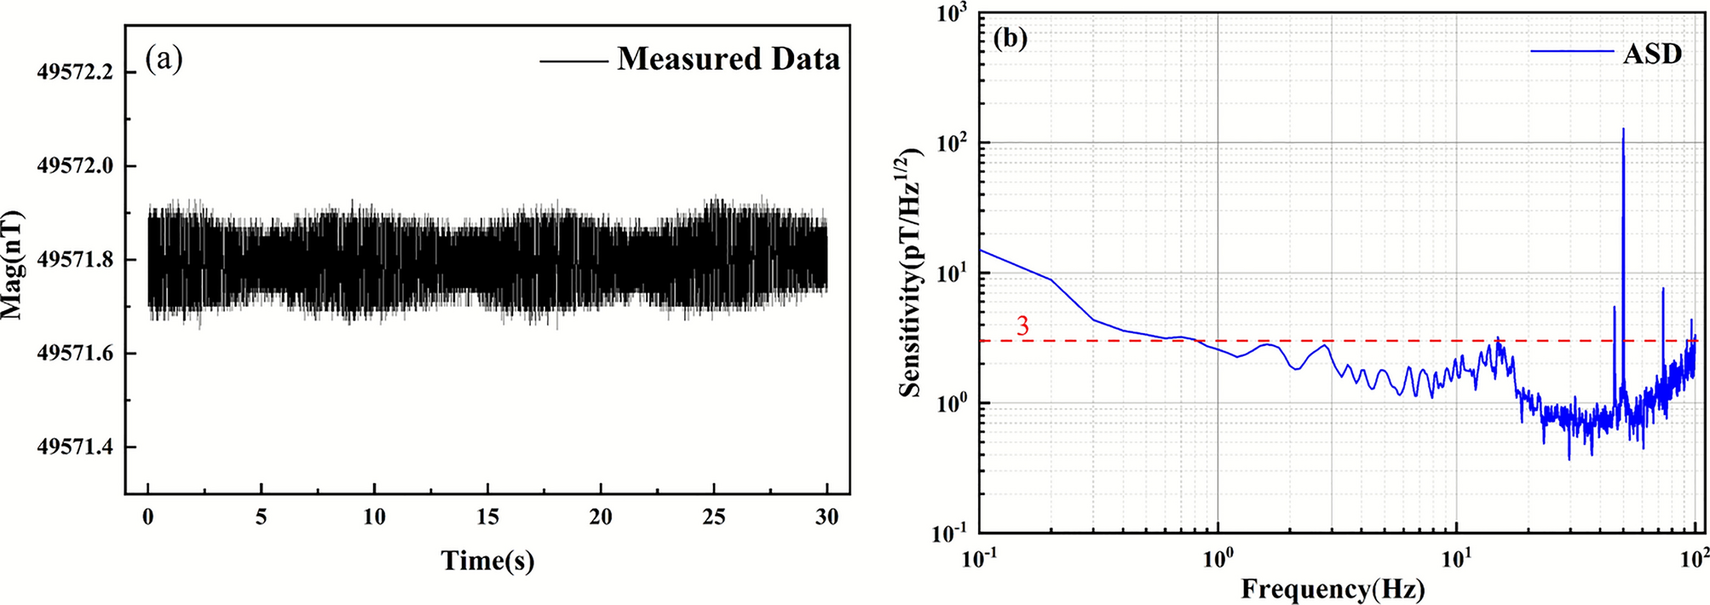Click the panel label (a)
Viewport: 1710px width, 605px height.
(x=164, y=59)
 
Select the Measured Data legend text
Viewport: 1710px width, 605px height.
(x=728, y=59)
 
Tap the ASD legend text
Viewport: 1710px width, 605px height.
(x=1652, y=54)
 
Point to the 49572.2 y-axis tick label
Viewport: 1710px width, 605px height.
(x=75, y=72)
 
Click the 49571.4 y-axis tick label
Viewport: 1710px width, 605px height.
(x=75, y=447)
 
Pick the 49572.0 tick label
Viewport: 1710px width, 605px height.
(x=75, y=166)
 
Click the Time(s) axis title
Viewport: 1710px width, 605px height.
(x=487, y=561)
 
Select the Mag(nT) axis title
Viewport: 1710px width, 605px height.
(x=12, y=264)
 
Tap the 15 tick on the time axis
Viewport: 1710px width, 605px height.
(x=487, y=517)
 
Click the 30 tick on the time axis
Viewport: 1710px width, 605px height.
(x=826, y=517)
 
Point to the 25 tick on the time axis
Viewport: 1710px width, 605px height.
(x=714, y=517)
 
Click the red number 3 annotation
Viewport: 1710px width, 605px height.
(x=1023, y=326)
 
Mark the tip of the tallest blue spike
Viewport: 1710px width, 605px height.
(x=1623, y=129)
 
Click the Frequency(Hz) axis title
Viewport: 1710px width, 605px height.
(x=1333, y=589)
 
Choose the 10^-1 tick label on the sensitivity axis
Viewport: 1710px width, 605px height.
(x=953, y=535)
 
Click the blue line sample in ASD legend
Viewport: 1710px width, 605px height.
(x=1572, y=52)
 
